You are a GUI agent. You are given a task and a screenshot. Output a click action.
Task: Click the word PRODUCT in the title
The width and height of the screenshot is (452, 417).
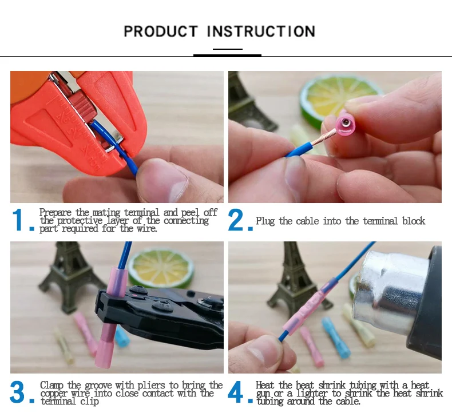click(161, 31)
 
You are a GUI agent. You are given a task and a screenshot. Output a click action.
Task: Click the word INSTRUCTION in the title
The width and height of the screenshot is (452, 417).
click(261, 31)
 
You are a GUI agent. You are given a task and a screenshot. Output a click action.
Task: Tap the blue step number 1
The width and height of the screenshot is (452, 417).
click(18, 220)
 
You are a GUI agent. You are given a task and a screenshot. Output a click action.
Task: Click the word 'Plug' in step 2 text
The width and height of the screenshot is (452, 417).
click(265, 221)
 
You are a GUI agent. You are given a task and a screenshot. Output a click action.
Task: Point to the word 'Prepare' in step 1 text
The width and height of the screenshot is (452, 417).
click(55, 213)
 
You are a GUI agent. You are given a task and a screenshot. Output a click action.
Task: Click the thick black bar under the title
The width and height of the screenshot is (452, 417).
click(228, 55)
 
